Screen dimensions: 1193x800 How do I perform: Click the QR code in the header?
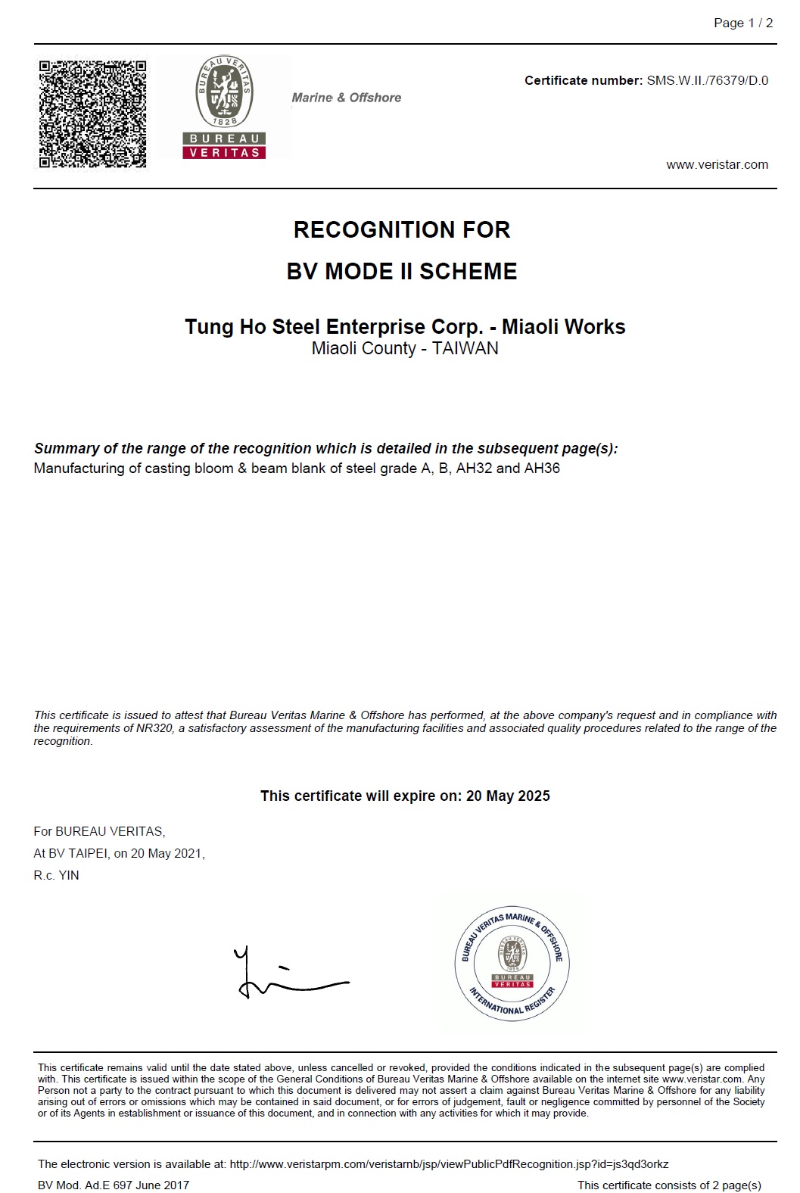coord(92,114)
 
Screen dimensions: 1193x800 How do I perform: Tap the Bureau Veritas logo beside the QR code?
coord(225,107)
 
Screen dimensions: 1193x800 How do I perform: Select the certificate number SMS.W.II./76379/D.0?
coord(707,80)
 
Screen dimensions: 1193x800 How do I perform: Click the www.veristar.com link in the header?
coord(717,165)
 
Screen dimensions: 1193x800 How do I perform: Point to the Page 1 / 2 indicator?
coord(743,23)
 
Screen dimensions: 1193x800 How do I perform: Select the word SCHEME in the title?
coord(468,271)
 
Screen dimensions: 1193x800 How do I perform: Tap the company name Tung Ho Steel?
coord(253,327)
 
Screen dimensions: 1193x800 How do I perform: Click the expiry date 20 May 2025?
coord(508,796)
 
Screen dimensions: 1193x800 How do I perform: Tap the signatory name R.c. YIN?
coord(56,875)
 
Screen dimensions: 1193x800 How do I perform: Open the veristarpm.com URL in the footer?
coord(449,1164)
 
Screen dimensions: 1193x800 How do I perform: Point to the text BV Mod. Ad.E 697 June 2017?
coord(114,1185)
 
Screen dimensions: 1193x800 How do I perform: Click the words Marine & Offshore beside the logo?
coord(347,98)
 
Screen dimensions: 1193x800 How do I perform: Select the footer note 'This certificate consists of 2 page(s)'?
coord(669,1185)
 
